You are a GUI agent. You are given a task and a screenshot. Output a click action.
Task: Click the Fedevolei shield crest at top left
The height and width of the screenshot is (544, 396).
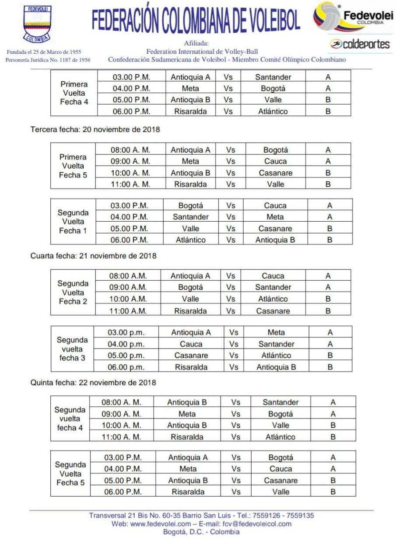pos(37,24)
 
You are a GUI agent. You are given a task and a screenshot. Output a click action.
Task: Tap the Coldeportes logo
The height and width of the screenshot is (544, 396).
pos(360,44)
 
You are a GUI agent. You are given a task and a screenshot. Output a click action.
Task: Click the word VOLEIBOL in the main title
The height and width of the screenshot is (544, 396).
pos(264,20)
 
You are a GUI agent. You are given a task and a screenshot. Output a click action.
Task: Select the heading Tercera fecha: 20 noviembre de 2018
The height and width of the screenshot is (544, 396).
pos(95,129)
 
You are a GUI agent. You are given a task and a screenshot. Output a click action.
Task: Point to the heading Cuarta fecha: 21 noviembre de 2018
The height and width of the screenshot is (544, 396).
pos(93,256)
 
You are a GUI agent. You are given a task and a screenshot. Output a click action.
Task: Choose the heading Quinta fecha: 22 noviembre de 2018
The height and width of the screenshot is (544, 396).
pos(93,383)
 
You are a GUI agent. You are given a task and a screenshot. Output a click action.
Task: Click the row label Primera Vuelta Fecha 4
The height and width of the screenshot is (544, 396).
pos(74,93)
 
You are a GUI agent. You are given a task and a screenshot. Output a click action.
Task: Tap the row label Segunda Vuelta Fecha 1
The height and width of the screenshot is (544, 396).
pos(73,222)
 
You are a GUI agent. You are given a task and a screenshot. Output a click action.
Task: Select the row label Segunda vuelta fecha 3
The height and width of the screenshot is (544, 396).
pos(73,349)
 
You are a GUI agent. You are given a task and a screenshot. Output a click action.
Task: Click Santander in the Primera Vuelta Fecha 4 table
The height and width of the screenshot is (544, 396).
pos(273,77)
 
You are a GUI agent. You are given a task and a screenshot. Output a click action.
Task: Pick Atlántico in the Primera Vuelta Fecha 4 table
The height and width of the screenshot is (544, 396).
pos(273,112)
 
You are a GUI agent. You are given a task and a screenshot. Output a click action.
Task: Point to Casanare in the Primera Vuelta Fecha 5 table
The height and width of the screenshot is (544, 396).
pos(275,173)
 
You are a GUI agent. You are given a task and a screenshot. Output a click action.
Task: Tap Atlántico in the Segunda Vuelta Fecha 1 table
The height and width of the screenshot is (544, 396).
pos(190,240)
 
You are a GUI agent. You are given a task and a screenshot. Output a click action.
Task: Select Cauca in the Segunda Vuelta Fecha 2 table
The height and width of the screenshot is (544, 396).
pos(273,276)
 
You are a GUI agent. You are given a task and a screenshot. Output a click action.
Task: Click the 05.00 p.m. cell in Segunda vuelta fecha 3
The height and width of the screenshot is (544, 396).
pos(126,356)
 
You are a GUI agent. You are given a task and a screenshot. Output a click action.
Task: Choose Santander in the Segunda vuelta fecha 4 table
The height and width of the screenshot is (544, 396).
pos(280,402)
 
